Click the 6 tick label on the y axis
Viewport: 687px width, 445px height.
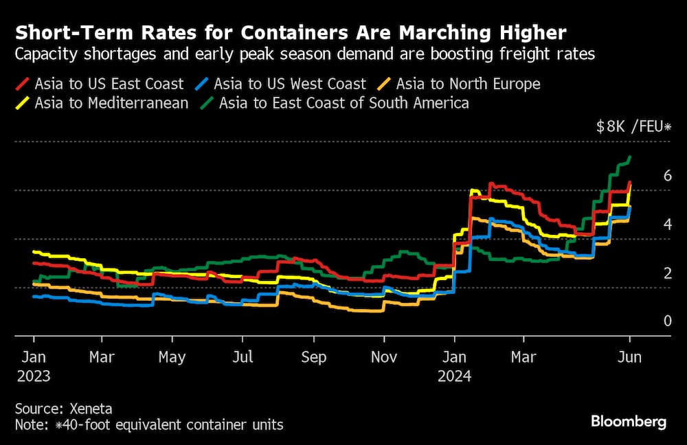[x=648, y=176]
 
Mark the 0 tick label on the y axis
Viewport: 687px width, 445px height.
[x=648, y=321]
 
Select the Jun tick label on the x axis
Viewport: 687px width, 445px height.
[x=630, y=358]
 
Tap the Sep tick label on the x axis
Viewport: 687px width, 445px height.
[x=313, y=358]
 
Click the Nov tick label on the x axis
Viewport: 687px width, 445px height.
[x=384, y=358]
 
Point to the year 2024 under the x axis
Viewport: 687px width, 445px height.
[x=455, y=376]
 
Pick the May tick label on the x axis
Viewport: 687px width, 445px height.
[x=172, y=358]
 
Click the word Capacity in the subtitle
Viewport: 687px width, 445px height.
[x=43, y=54]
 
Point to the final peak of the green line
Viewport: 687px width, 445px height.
[x=630, y=157]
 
